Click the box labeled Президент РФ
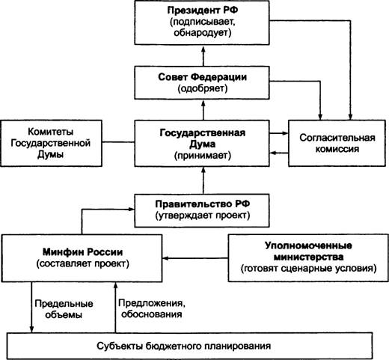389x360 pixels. pyautogui.click(x=202, y=22)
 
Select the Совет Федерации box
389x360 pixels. pyautogui.click(x=202, y=82)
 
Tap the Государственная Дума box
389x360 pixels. pyautogui.click(x=202, y=144)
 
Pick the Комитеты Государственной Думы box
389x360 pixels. pyautogui.click(x=52, y=144)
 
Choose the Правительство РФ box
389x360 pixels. pyautogui.click(x=202, y=211)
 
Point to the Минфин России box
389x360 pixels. pyautogui.click(x=82, y=258)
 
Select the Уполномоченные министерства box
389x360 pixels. pyautogui.click(x=308, y=257)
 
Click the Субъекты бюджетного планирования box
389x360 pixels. pyautogui.click(x=190, y=346)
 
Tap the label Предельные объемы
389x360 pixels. pyautogui.click(x=64, y=309)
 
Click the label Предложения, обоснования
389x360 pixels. pyautogui.click(x=152, y=308)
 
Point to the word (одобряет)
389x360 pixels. pyautogui.click(x=203, y=88)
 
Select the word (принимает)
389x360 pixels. pyautogui.click(x=203, y=156)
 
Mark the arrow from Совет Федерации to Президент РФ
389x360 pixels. pyautogui.click(x=203, y=55)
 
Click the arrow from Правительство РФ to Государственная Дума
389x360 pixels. pyautogui.click(x=203, y=180)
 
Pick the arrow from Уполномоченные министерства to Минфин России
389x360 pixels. pyautogui.click(x=195, y=258)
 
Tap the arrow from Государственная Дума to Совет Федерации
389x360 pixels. pyautogui.click(x=203, y=110)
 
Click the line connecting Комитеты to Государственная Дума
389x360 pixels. pyautogui.click(x=118, y=142)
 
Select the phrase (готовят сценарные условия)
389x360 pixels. pyautogui.click(x=308, y=269)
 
